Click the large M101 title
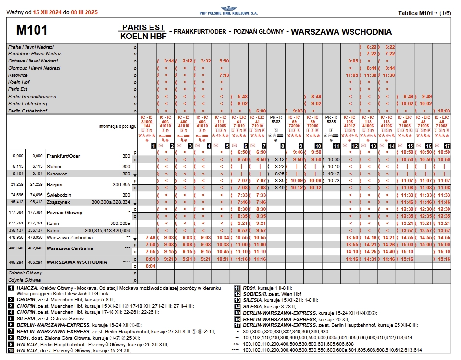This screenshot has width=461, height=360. tap(32, 31)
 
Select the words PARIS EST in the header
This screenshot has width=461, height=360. tap(143, 27)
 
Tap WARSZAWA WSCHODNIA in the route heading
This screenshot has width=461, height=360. tap(341, 32)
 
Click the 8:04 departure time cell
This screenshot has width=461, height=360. tap(150, 266)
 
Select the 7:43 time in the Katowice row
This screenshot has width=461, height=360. tap(224, 75)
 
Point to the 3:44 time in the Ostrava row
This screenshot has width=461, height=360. tap(168, 61)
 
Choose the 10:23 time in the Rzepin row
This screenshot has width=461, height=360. tap(334, 180)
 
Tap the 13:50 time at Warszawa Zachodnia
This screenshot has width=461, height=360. tap(352, 237)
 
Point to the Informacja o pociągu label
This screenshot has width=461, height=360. tap(118, 127)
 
